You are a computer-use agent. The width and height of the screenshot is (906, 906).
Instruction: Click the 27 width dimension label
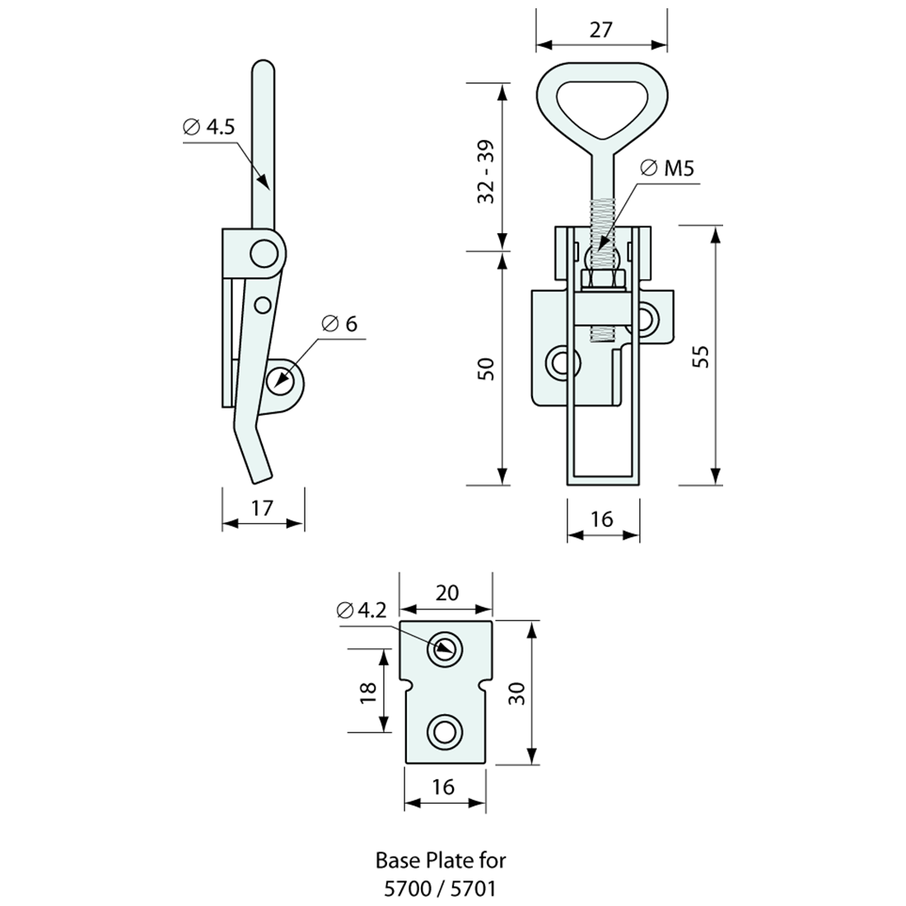pos(601,30)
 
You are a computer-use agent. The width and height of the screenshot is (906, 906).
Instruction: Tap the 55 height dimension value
pos(700,356)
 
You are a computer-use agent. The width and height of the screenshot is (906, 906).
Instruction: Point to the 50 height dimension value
pos(486,368)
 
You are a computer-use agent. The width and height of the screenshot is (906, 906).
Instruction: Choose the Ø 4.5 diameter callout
pos(208,128)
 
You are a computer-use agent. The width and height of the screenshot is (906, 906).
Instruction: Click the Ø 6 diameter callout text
pos(339,324)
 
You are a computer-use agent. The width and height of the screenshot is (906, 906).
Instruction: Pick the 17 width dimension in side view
pos(262,507)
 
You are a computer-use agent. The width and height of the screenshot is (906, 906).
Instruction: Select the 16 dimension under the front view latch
pos(602,519)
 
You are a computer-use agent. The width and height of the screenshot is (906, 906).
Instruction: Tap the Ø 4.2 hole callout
pos(362,610)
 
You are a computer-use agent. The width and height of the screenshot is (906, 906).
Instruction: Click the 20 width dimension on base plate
pos(446,593)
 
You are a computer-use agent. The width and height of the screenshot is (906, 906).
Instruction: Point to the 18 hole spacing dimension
pos(368,690)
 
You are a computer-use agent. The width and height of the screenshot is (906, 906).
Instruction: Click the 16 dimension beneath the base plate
pos(443,787)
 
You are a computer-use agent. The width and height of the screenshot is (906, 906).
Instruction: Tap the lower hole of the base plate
pos(445,731)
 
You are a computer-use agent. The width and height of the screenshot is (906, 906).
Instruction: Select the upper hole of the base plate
pos(445,650)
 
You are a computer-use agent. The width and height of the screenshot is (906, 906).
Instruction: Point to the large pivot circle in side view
pos(265,253)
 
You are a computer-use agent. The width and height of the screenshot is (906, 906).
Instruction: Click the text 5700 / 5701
pos(441,888)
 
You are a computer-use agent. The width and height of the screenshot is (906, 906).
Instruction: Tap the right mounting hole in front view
pos(648,317)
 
